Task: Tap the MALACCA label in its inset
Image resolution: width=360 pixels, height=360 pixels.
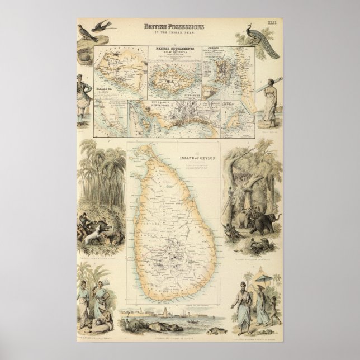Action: pos(107,87)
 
